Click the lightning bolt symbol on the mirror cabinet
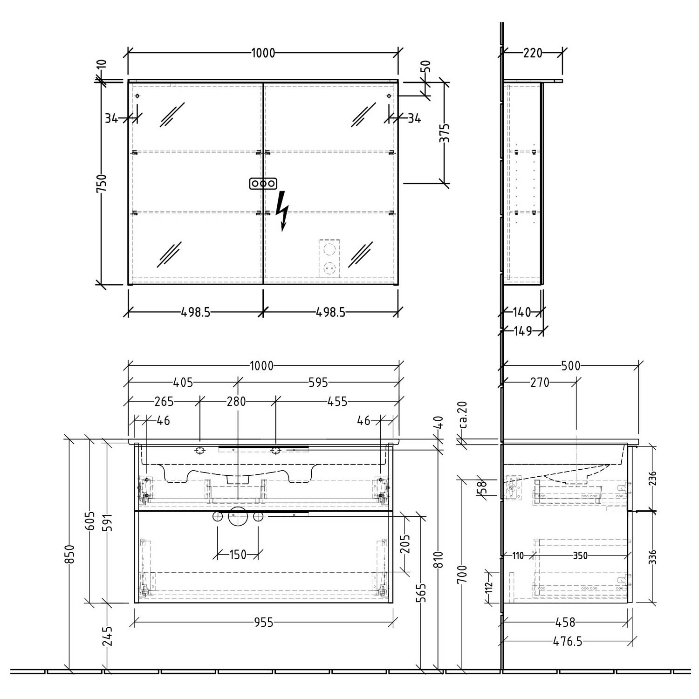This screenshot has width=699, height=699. click(282, 211)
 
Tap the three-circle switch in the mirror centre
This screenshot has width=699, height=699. click(263, 183)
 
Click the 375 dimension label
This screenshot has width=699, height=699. click(445, 133)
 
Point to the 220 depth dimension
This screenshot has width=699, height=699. click(533, 53)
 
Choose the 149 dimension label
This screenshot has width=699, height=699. click(523, 331)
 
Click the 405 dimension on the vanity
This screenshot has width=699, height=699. click(183, 383)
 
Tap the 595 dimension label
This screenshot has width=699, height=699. click(318, 383)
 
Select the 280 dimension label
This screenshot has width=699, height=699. click(236, 401)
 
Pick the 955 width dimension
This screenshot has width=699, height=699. click(264, 622)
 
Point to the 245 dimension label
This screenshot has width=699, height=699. click(108, 636)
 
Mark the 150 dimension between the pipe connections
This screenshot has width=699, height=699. click(238, 555)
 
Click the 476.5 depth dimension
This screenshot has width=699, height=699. click(567, 642)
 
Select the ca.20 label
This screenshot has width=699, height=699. click(463, 415)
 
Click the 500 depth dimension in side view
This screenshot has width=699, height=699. click(571, 366)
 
